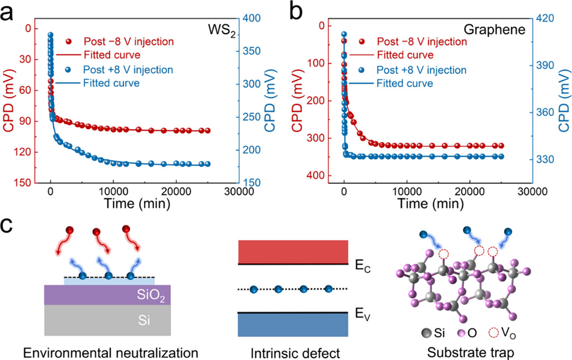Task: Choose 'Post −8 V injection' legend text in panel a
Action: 129,41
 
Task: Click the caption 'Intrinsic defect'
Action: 293,352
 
